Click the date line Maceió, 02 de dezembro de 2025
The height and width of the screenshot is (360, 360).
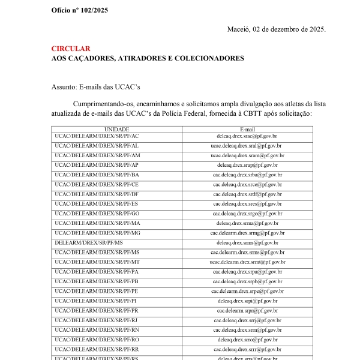[277, 29]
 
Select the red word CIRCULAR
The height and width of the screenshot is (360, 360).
[71, 49]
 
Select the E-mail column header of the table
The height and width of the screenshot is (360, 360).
[247, 129]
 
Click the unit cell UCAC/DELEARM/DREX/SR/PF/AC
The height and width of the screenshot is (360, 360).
[97, 136]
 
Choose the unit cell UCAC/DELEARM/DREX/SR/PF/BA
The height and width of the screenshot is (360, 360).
[97, 175]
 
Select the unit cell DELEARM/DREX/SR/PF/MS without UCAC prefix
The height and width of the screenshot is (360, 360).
[89, 242]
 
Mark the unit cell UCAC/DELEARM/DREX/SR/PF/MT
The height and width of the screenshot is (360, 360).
[97, 262]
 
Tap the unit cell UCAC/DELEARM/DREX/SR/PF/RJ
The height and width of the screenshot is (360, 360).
[97, 320]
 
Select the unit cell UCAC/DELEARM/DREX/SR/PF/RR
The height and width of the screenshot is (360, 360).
[97, 349]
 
